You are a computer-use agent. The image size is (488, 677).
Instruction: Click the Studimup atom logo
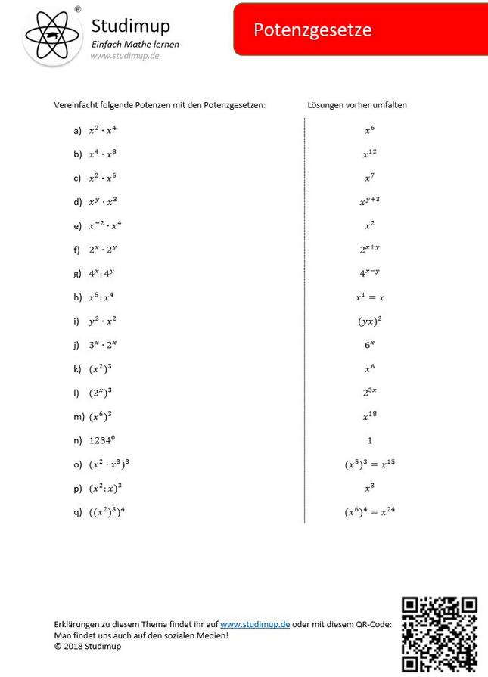coord(52,35)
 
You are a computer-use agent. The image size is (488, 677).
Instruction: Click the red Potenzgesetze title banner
coord(360,30)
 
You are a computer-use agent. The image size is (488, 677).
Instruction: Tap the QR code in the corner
coord(439,634)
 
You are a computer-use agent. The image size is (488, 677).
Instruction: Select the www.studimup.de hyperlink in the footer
coord(255,624)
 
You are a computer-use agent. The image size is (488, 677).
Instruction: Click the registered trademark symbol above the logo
coord(77,9)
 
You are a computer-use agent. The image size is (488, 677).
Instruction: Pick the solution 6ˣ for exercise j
coord(369,344)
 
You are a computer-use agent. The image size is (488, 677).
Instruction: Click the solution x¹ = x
coord(369,297)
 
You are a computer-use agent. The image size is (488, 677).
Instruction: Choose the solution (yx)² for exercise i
coord(369,321)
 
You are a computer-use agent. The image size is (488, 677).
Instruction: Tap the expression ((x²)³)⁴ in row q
coord(107,511)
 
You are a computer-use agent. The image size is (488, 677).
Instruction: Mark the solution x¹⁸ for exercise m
coord(369,415)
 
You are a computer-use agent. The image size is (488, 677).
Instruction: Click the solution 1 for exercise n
coord(369,440)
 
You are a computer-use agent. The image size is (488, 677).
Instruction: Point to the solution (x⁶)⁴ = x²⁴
coord(369,511)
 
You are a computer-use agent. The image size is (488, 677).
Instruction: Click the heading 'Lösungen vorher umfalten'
coord(357,105)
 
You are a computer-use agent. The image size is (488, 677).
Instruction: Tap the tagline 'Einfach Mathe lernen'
coord(135,45)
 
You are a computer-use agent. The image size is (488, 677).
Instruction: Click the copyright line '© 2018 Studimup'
coord(87,646)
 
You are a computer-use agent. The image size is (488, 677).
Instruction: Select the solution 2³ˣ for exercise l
coord(369,392)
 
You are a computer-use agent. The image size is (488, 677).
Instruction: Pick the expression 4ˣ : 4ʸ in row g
coord(102,273)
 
